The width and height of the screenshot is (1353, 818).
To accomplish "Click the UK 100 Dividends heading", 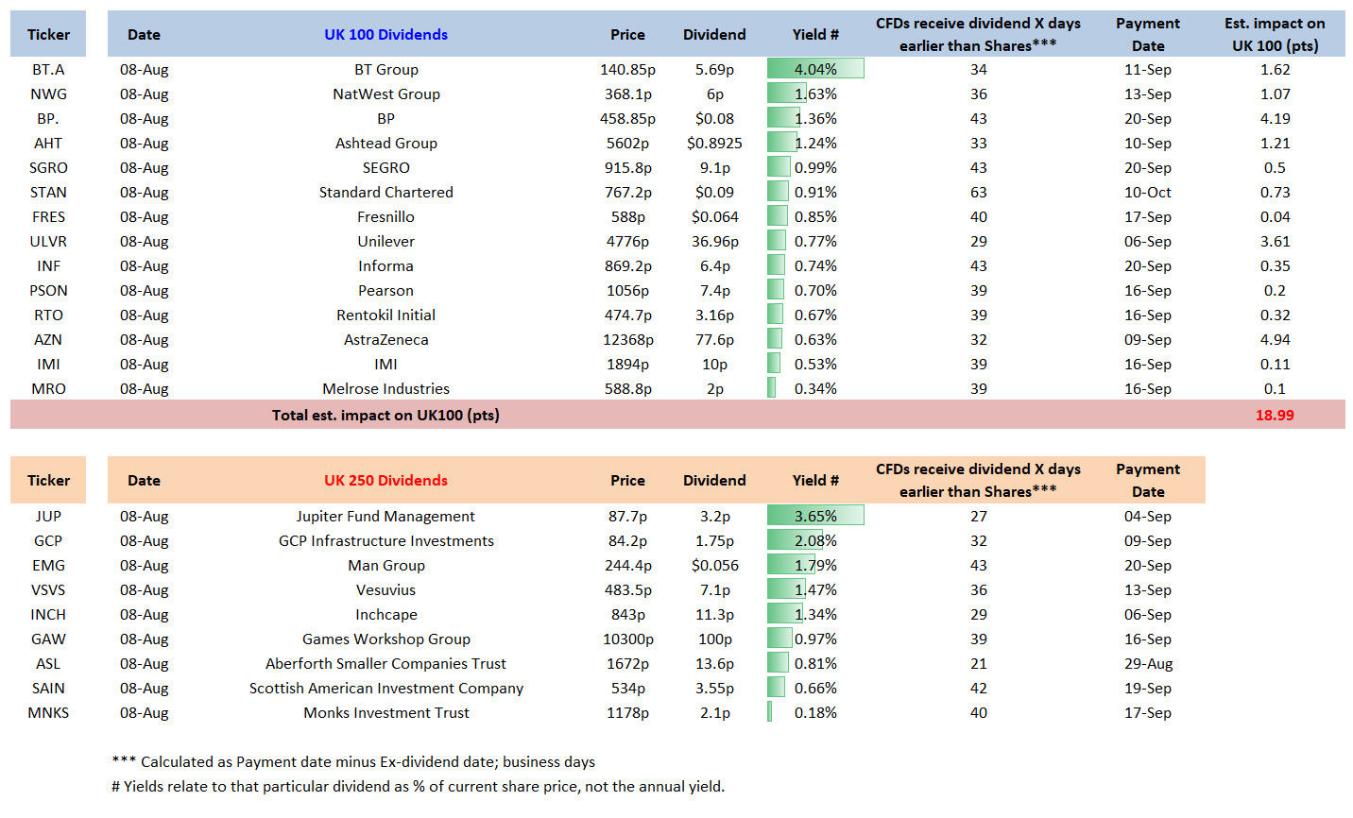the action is (385, 34).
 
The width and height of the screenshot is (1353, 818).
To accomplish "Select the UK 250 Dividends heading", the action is (385, 481).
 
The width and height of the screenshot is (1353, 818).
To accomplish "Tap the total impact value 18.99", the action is (1275, 416).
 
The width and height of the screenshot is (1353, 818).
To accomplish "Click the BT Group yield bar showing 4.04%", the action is (815, 69).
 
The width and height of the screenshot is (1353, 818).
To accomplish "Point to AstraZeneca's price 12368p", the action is (627, 340).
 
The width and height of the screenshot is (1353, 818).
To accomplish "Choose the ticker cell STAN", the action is (48, 193).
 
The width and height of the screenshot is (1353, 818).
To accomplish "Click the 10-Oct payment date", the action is (1148, 193).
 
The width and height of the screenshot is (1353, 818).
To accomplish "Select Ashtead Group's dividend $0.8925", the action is (714, 143).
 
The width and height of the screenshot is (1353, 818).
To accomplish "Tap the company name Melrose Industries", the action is (385, 389).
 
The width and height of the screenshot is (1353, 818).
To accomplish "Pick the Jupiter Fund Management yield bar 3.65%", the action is (815, 516).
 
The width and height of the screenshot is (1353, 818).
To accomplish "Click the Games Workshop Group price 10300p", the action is (627, 639).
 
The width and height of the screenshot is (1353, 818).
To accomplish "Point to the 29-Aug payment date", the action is (1148, 664).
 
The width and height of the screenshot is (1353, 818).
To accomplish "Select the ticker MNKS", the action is (48, 713).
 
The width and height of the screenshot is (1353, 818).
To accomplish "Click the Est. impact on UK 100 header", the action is (1275, 34).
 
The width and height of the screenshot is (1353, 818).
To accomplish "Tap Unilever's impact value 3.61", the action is (1275, 242).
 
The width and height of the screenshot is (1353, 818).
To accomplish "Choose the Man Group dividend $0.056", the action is (714, 566).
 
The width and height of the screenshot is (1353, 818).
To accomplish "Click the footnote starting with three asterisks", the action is (353, 762).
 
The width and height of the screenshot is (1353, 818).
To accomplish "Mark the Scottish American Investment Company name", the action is (386, 689).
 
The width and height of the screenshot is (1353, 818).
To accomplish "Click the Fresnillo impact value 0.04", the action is (1275, 216).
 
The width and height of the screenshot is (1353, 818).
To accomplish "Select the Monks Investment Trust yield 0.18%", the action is (815, 713).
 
